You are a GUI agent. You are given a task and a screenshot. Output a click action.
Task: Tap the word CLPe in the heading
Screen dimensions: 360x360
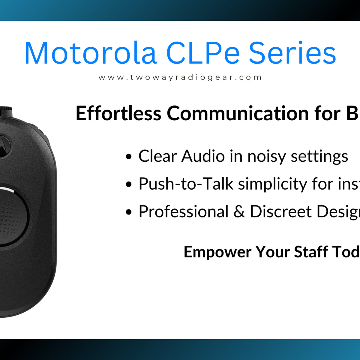click(x=203, y=53)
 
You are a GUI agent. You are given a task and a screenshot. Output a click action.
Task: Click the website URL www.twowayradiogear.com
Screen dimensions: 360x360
click(x=180, y=77)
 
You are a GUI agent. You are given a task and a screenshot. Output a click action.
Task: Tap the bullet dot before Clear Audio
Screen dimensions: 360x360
click(x=129, y=157)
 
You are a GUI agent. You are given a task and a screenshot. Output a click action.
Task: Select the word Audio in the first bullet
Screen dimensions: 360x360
click(x=203, y=156)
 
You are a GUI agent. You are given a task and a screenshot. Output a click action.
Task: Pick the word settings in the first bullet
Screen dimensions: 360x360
click(x=319, y=157)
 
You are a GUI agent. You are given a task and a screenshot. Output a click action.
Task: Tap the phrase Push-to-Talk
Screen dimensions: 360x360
click(x=186, y=184)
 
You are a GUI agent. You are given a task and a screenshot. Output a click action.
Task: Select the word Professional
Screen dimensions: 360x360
click(x=183, y=212)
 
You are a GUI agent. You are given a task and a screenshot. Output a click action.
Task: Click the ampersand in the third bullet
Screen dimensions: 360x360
click(x=239, y=212)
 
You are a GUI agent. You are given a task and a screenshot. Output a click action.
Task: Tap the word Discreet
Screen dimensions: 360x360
click(x=280, y=212)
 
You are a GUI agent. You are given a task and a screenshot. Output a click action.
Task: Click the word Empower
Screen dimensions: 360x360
click(x=217, y=252)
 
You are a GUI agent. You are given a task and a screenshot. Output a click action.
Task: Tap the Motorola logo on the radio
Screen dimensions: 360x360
click(x=4, y=146)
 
